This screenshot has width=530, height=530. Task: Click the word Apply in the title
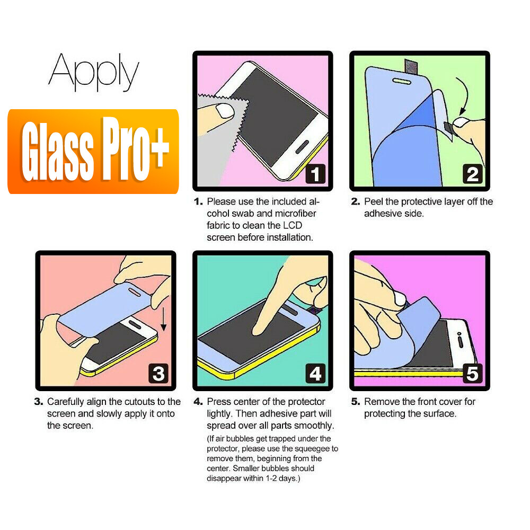point(94,73)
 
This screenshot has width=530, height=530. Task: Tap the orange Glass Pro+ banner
point(93,151)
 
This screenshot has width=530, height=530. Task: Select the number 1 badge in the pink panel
point(315,174)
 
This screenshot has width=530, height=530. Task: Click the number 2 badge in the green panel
point(472,174)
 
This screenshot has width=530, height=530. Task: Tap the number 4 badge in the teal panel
point(315,374)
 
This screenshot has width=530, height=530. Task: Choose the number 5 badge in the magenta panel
point(472,374)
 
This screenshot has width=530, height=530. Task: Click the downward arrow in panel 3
point(163,317)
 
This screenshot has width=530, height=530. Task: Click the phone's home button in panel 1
point(300,147)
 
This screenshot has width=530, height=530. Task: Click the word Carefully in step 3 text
point(66,402)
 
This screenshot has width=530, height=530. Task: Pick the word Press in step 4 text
point(218,402)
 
